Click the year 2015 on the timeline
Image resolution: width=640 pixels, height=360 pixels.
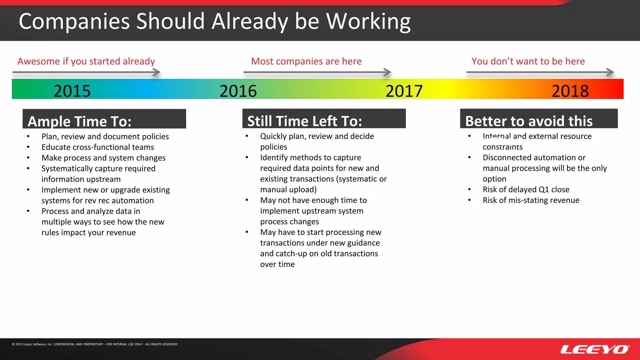pyautogui.click(x=72, y=91)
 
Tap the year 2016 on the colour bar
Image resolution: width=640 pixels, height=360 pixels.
pyautogui.click(x=238, y=91)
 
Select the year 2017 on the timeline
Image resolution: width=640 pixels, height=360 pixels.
pyautogui.click(x=404, y=91)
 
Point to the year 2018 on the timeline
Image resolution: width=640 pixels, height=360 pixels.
pyautogui.click(x=570, y=91)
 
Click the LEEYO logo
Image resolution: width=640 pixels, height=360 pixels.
pyautogui.click(x=595, y=349)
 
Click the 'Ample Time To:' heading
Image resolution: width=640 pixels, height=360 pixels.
pyautogui.click(x=79, y=121)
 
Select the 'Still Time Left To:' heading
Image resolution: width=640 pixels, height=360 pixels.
pyautogui.click(x=304, y=121)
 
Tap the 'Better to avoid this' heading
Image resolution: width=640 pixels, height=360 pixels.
pyautogui.click(x=529, y=121)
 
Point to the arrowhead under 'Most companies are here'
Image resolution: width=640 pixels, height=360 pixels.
pyautogui.click(x=388, y=72)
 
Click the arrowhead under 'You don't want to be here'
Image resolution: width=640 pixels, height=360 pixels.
pyautogui.click(x=611, y=72)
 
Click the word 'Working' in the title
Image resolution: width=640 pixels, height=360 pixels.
pyautogui.click(x=368, y=22)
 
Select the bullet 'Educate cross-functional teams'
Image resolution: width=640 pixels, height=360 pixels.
pyautogui.click(x=98, y=147)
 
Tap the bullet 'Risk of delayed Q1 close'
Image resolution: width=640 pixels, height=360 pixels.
pyautogui.click(x=526, y=190)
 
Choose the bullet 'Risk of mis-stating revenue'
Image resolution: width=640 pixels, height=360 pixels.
pyautogui.click(x=531, y=200)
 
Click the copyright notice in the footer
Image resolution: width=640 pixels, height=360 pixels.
pyautogui.click(x=95, y=344)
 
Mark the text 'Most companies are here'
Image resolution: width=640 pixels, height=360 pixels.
pyautogui.click(x=306, y=61)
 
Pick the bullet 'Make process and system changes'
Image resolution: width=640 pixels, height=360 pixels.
pyautogui.click(x=103, y=158)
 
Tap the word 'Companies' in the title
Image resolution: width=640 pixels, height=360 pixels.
pyautogui.click(x=74, y=22)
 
